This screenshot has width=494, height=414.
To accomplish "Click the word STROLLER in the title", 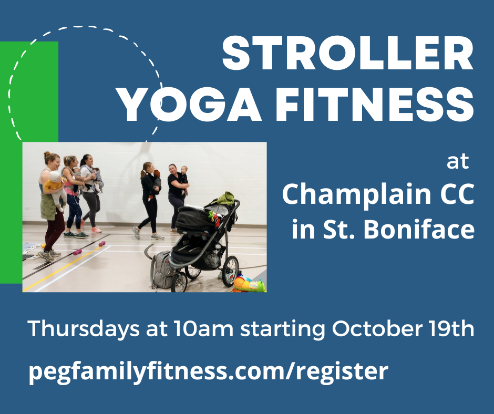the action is (x=348, y=53).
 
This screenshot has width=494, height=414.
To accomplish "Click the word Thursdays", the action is (x=84, y=328).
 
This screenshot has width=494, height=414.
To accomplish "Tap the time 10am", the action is (x=203, y=328).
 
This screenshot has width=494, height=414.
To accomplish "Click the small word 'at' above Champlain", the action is (x=458, y=162).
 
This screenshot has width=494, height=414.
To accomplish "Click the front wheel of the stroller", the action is (x=179, y=282).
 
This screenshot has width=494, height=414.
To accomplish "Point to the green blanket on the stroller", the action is (x=225, y=198).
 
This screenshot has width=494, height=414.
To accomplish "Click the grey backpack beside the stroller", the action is (x=162, y=270).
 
